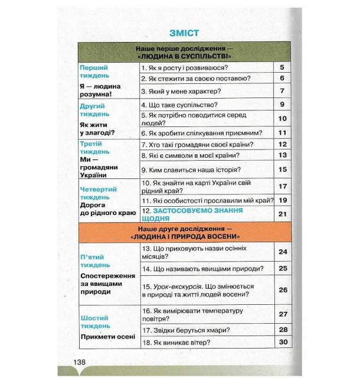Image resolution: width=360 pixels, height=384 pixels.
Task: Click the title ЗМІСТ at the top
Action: click(184, 33)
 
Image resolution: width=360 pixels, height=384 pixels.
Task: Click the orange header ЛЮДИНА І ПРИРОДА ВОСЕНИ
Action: click(182, 236)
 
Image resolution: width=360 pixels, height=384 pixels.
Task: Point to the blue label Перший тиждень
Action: click(94, 71)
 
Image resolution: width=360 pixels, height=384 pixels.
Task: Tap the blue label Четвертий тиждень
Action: click(98, 193)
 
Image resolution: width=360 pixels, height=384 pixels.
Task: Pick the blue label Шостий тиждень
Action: click(94, 321)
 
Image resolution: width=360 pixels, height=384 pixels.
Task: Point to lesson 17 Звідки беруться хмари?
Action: click(185, 330)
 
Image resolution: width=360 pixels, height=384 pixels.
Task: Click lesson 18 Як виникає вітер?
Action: click(176, 342)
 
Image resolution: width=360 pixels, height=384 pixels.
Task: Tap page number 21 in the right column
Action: click(282, 214)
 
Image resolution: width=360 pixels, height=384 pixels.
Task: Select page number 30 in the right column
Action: click(282, 342)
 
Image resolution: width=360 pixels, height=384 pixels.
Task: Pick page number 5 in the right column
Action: click(282, 67)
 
